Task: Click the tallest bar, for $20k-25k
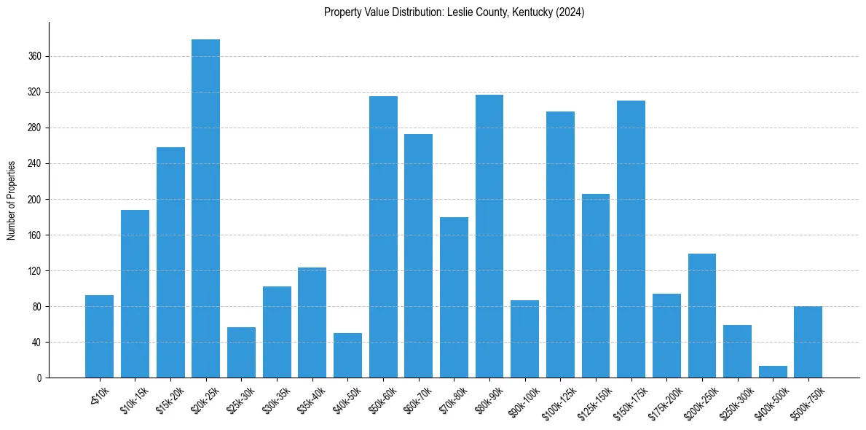click(x=205, y=208)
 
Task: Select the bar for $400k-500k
click(x=773, y=372)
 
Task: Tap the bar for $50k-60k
click(x=383, y=237)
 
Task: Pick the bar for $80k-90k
click(x=489, y=236)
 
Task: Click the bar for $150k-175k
click(x=631, y=239)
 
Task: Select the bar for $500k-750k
click(x=808, y=342)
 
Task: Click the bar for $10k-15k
click(x=135, y=294)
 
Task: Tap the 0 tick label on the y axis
click(x=41, y=378)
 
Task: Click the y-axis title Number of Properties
click(x=11, y=200)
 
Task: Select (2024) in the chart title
click(x=570, y=12)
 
